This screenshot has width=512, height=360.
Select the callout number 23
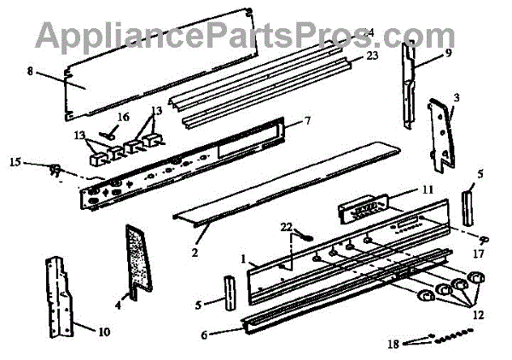pos(371,56)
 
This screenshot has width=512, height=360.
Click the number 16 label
pos(123,116)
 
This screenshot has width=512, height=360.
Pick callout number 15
pos(14,160)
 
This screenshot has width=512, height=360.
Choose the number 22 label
pos(285,225)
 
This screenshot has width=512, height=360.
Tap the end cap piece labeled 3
pos(444,132)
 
